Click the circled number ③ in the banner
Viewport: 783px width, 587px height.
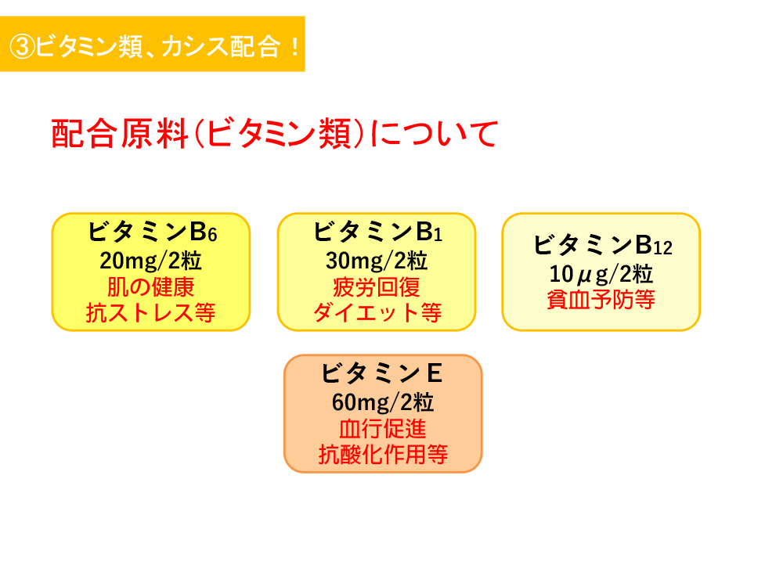[22, 47]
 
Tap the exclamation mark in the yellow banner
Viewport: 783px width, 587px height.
[294, 47]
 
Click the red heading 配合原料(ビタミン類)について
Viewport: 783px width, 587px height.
[275, 134]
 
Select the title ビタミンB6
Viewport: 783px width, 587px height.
[153, 232]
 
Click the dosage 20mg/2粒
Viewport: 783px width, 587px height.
[150, 261]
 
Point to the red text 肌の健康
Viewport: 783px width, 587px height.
[150, 287]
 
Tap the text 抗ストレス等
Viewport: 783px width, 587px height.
[150, 313]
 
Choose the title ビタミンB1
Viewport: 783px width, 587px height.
[377, 232]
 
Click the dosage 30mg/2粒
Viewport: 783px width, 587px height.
[377, 261]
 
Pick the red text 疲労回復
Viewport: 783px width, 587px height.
[377, 287]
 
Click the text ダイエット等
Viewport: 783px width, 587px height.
[377, 313]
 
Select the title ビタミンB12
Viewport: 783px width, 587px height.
[602, 245]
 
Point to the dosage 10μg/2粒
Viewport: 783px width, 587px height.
[601, 274]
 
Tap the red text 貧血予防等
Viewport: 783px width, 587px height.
[601, 300]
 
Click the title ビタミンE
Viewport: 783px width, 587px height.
[381, 373]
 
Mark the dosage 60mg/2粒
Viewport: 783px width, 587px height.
[383, 402]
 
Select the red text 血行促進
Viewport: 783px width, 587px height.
[383, 428]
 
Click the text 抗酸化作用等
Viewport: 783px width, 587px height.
[383, 454]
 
